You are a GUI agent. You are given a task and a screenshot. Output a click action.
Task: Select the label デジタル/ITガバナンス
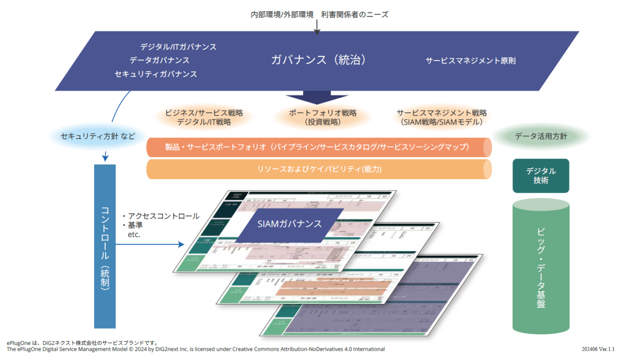click(178, 47)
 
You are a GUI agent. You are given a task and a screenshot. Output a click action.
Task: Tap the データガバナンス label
click(159, 60)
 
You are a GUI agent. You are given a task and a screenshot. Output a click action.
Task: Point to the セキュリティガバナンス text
click(156, 74)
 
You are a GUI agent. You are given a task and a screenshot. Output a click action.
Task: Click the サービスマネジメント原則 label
click(470, 60)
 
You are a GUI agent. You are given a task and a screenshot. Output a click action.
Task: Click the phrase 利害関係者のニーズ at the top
click(354, 14)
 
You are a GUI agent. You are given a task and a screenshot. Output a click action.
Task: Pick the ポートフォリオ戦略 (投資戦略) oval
click(323, 117)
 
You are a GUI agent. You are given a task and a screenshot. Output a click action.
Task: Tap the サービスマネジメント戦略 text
click(442, 113)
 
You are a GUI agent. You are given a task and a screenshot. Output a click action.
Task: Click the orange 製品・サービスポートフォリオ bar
click(317, 147)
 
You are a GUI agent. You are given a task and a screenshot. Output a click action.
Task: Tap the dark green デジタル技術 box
click(541, 176)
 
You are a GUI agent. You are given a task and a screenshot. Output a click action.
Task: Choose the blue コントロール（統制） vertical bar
click(105, 246)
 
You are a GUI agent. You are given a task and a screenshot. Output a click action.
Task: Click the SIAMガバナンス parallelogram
click(290, 224)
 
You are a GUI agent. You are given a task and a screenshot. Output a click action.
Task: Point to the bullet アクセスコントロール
click(163, 216)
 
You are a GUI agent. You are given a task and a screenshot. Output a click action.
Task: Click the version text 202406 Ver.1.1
click(598, 349)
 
